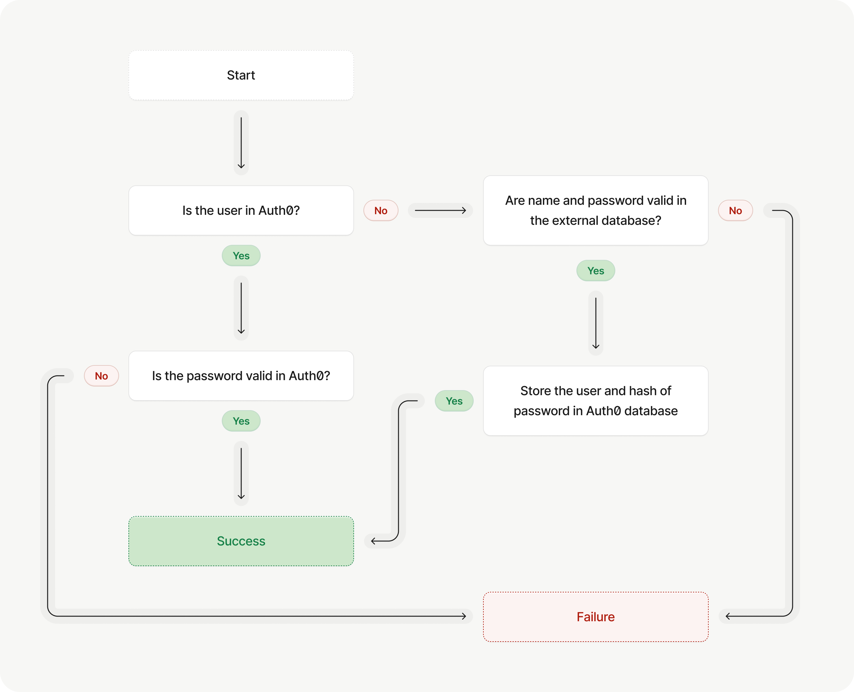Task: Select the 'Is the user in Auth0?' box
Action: pos(241,210)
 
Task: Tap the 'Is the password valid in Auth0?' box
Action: pos(241,376)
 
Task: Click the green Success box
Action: pos(241,541)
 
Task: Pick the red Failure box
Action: pos(596,617)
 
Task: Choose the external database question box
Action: pos(596,210)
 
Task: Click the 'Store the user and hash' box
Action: pos(596,400)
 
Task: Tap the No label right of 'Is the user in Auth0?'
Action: pos(381,210)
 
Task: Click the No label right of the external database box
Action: pos(735,210)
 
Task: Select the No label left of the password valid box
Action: pos(101,376)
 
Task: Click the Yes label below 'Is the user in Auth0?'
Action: pos(241,256)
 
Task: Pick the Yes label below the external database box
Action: pos(596,271)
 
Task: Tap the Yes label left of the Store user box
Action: pos(454,400)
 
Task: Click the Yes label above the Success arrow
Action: pos(241,421)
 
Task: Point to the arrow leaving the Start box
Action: pos(241,143)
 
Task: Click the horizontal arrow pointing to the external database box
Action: pos(440,210)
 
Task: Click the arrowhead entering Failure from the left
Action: pos(464,616)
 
